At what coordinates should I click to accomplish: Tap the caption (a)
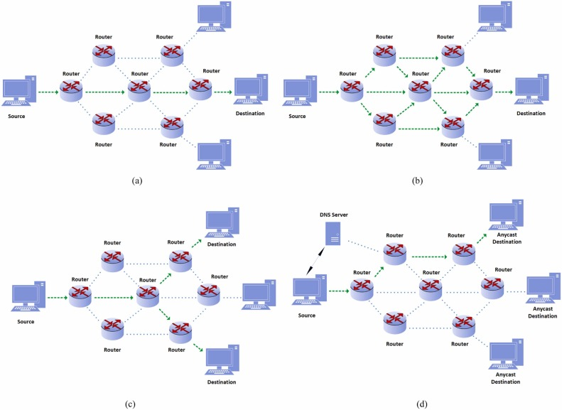139,180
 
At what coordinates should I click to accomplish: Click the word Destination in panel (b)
531,113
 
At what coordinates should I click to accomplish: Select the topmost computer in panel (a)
215,17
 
